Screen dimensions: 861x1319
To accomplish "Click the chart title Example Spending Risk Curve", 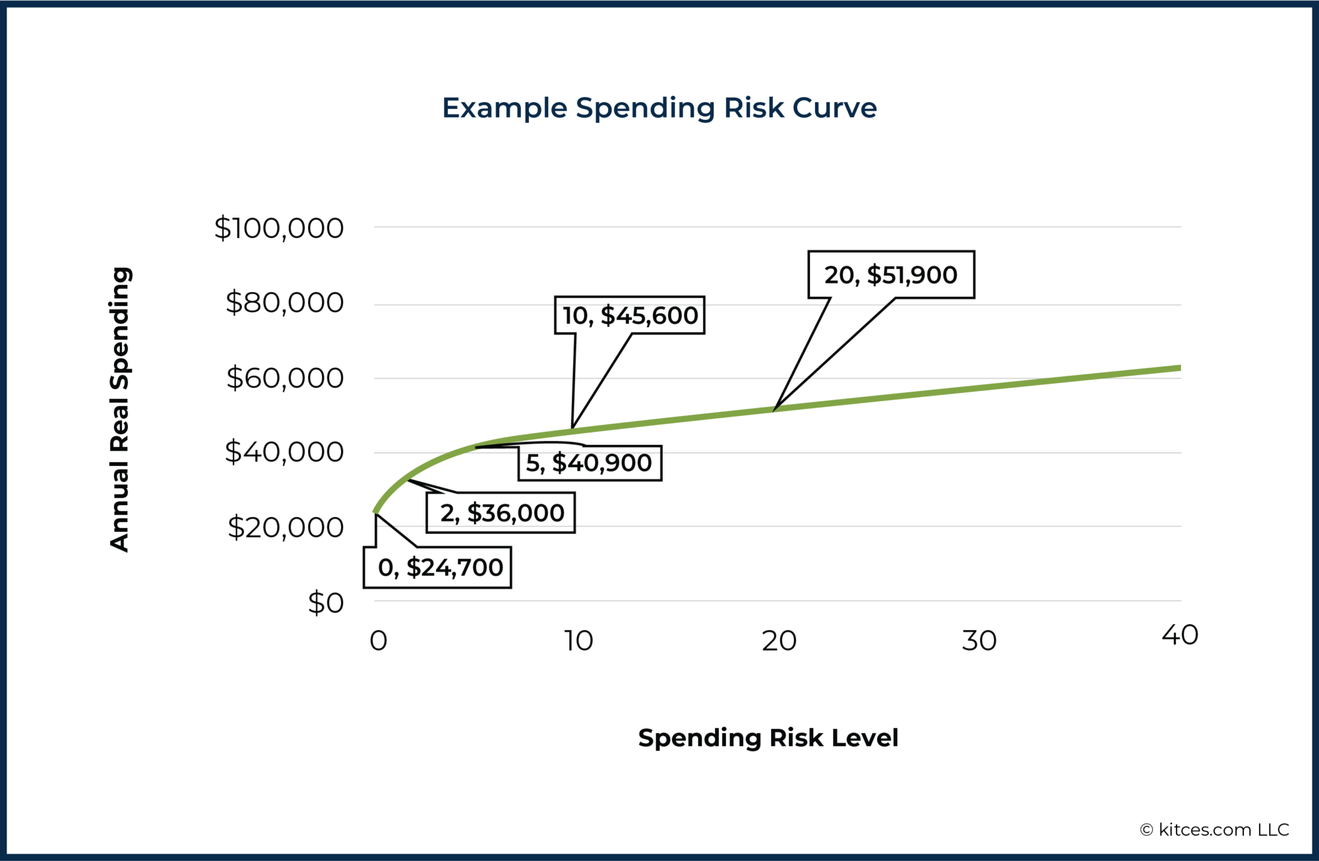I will (659, 108).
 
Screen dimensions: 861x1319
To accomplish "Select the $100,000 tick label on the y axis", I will (278, 228).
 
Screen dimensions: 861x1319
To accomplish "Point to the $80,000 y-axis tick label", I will (284, 303).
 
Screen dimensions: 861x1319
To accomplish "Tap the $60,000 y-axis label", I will (284, 378).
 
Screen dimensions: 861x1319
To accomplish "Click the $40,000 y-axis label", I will (284, 452).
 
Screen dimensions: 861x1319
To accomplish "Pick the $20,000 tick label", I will (285, 527).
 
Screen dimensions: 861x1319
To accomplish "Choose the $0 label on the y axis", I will (326, 603).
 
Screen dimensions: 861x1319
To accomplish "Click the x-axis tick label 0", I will (378, 641).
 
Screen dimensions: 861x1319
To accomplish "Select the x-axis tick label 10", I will (578, 641).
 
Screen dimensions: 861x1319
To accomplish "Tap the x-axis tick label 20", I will (779, 641).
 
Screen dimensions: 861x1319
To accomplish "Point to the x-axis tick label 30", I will (979, 641).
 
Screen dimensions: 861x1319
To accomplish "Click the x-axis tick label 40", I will (1180, 635).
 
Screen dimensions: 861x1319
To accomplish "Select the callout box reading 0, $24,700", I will (438, 568).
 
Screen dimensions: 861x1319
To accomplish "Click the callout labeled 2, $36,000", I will (501, 513).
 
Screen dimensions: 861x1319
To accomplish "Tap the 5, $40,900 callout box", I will (589, 463).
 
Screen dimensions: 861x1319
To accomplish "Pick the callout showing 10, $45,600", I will (630, 316).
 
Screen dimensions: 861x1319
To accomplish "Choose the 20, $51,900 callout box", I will (891, 275).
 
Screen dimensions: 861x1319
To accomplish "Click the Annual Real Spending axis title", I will (119, 409).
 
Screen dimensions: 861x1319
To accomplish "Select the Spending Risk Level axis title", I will (768, 738).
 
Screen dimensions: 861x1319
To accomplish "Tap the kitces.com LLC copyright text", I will (1214, 829).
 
